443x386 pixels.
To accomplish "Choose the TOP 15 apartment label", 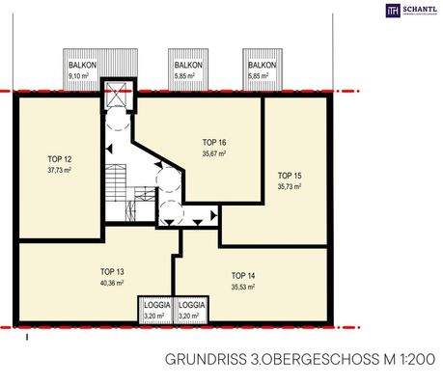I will point(290,175).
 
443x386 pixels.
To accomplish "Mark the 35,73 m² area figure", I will point(290,187).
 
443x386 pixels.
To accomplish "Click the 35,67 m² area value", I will point(214,154).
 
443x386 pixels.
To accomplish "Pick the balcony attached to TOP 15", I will point(262,68).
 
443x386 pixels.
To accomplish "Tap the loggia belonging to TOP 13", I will point(154,309).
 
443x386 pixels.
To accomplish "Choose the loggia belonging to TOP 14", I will point(192,309).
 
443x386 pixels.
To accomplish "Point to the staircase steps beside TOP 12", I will point(117,188).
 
